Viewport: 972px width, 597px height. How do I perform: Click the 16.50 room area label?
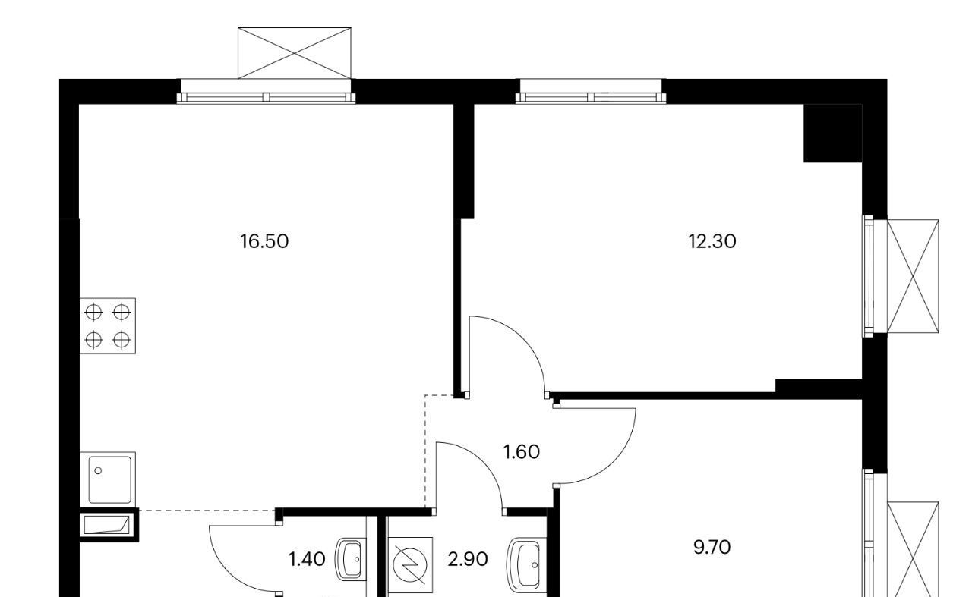click(264, 241)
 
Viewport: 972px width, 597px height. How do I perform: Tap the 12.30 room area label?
click(712, 241)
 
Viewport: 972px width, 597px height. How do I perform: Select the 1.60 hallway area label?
click(522, 452)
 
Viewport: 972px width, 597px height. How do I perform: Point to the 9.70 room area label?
click(712, 548)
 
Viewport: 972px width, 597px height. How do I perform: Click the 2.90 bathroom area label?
click(468, 559)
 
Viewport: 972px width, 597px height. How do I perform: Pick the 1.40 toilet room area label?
click(307, 559)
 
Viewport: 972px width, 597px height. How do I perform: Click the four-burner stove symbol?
click(108, 325)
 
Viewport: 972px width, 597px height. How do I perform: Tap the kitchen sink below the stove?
click(108, 479)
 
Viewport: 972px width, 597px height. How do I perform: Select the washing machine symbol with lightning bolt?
click(410, 565)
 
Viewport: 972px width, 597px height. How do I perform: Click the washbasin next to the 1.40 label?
click(350, 560)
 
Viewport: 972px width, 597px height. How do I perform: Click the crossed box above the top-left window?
click(294, 53)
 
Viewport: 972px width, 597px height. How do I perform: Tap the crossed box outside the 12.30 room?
click(913, 276)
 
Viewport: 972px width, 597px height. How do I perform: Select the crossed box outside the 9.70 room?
click(913, 549)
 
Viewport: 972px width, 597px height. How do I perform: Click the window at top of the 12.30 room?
click(591, 92)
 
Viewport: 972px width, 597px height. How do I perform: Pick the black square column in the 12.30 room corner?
click(832, 134)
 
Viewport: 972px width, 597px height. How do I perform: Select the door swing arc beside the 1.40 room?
click(229, 569)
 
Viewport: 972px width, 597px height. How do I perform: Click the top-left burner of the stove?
click(93, 313)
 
